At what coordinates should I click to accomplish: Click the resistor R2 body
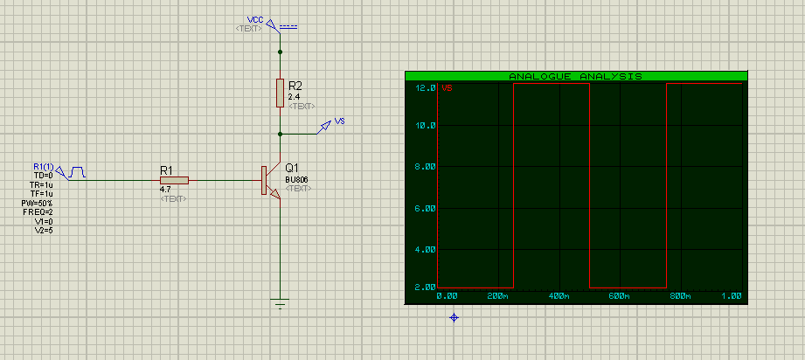(x=280, y=91)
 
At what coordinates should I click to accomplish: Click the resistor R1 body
(x=174, y=180)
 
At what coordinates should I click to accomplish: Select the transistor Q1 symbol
(x=268, y=181)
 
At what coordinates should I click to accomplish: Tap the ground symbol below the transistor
(x=280, y=304)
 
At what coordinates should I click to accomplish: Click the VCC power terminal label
(x=255, y=19)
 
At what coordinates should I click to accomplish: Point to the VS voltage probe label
(x=340, y=121)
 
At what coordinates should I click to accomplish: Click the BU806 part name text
(x=297, y=179)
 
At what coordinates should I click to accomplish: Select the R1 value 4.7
(x=165, y=190)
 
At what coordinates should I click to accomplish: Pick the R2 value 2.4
(x=294, y=96)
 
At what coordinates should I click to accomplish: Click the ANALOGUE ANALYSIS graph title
(x=575, y=77)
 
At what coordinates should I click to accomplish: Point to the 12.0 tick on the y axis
(x=425, y=87)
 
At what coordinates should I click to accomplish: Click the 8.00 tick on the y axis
(x=425, y=168)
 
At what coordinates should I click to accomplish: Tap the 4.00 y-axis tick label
(x=425, y=250)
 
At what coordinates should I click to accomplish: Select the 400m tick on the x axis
(x=559, y=296)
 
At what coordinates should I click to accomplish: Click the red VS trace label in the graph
(x=447, y=87)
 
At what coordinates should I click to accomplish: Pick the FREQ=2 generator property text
(x=39, y=211)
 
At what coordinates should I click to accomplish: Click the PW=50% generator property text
(x=39, y=204)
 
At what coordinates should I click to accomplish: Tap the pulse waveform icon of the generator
(x=77, y=171)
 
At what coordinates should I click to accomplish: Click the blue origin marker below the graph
(x=454, y=317)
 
